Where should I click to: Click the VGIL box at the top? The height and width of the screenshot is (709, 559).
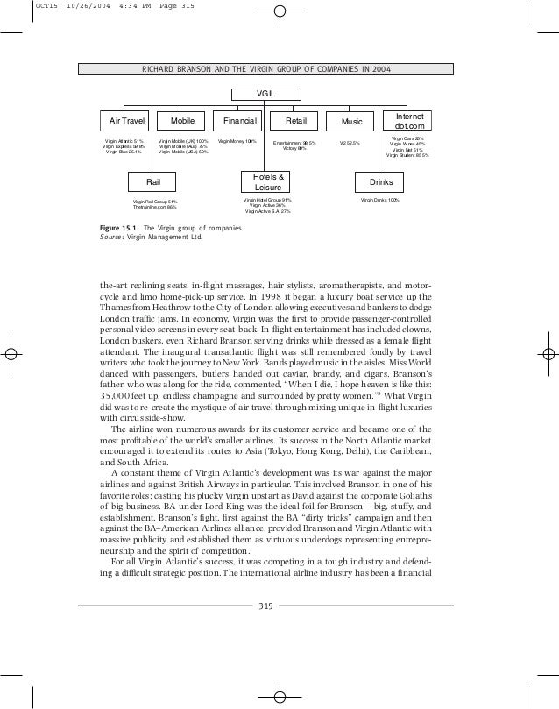(263, 95)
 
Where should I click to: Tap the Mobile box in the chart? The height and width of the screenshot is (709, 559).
(182, 120)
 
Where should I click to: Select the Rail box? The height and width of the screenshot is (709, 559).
(152, 181)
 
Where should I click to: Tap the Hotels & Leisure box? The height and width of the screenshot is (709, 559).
(265, 181)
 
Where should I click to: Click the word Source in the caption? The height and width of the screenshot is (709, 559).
(113, 237)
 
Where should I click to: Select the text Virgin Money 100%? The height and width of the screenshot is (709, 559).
(237, 140)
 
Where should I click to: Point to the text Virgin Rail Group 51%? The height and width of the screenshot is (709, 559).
(154, 202)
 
